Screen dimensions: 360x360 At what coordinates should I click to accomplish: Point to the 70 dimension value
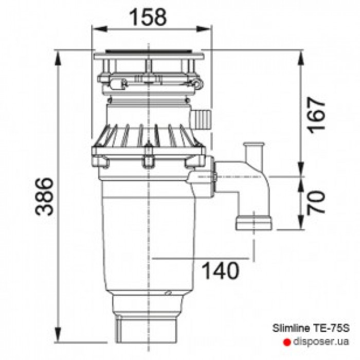tap(318, 202)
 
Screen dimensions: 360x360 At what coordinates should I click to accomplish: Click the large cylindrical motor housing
tap(147, 231)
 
